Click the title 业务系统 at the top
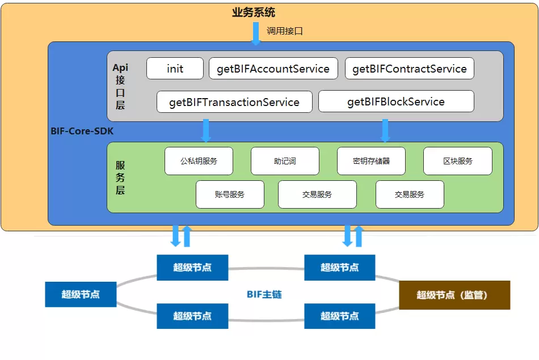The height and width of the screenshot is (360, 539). click(x=254, y=12)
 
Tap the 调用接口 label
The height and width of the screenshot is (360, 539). click(x=285, y=31)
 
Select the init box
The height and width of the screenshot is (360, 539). click(x=175, y=69)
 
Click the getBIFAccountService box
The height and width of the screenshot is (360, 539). click(x=273, y=69)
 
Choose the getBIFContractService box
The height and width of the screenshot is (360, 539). click(x=409, y=69)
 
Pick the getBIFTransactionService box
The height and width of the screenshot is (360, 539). click(x=234, y=102)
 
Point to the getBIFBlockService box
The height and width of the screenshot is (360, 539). click(x=396, y=101)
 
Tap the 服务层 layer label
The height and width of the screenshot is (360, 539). click(x=120, y=177)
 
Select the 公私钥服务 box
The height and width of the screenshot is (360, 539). click(x=199, y=161)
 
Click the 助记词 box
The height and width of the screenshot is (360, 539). click(x=285, y=161)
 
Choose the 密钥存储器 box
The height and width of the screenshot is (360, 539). click(x=371, y=161)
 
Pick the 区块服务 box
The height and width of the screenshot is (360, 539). click(x=457, y=161)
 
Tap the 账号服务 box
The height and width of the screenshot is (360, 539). click(x=230, y=194)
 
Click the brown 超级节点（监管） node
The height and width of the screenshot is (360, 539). click(x=454, y=295)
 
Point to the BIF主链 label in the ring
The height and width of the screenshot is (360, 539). click(x=264, y=294)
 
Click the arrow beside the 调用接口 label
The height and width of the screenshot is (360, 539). click(x=256, y=33)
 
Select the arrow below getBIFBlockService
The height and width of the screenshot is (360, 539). click(x=385, y=130)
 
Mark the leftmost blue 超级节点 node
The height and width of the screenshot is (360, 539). click(x=81, y=294)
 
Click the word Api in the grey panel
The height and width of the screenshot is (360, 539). click(x=120, y=67)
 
